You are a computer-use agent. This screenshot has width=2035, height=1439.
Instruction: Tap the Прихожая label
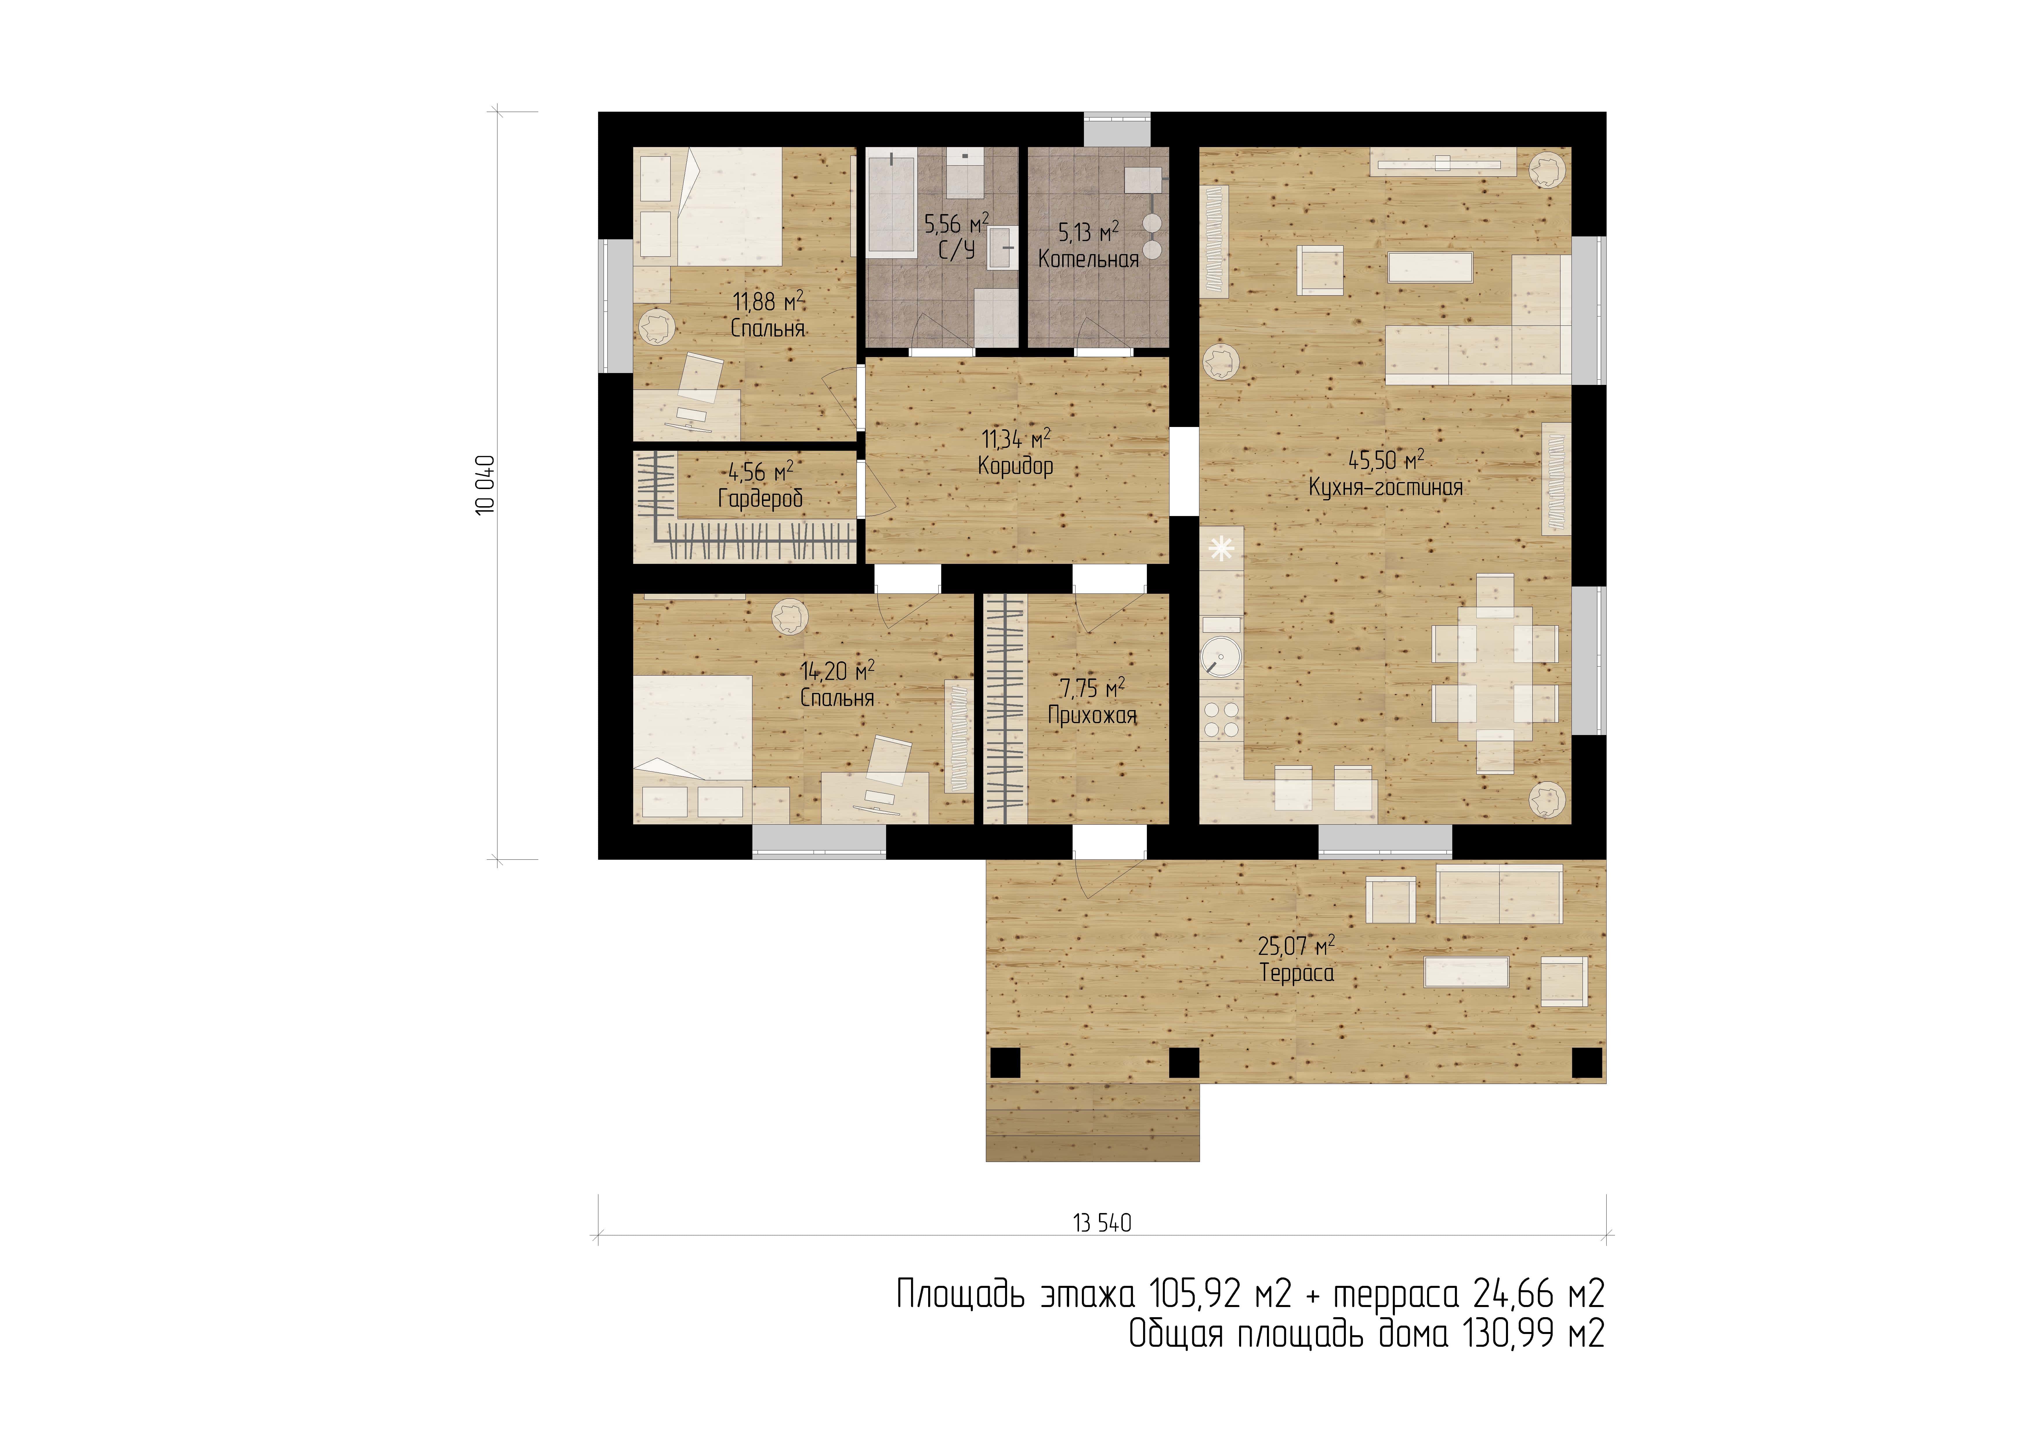click(x=1092, y=716)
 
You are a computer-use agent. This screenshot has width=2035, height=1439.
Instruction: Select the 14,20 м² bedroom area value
click(x=838, y=670)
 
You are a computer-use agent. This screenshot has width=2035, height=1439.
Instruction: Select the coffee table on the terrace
click(x=1466, y=972)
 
